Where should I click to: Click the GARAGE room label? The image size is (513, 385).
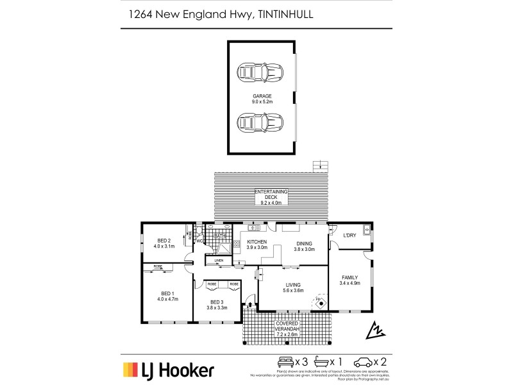click(x=262, y=96)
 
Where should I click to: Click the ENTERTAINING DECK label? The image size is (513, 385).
click(x=271, y=194)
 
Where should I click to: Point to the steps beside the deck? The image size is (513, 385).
click(x=318, y=166)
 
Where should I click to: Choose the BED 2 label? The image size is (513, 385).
click(x=164, y=241)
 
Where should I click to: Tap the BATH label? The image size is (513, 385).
click(x=220, y=236)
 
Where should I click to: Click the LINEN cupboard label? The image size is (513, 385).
click(x=219, y=260)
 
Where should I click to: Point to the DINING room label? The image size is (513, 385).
click(x=305, y=243)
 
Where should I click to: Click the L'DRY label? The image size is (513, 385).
click(x=349, y=235)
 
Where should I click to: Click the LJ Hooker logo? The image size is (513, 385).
click(x=168, y=370)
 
